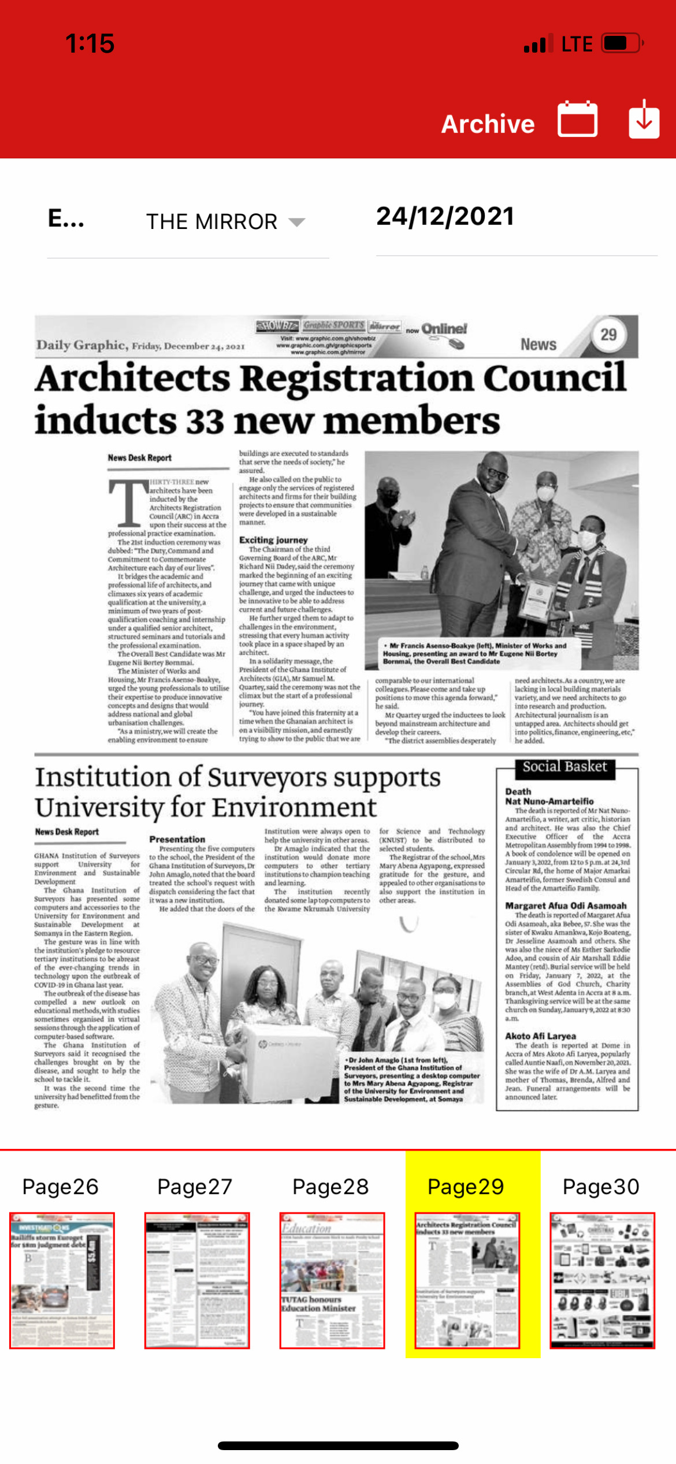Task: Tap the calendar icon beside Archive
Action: [577, 120]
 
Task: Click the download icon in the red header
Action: [644, 119]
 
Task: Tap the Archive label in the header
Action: [488, 124]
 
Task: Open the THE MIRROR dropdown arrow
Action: [296, 222]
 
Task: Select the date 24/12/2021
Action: [445, 217]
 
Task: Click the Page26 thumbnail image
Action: [62, 1280]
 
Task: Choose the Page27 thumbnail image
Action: [197, 1280]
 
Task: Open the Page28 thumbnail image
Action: [332, 1280]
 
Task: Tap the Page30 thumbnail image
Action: [602, 1280]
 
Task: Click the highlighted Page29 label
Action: [466, 1186]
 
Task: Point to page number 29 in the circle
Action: [608, 335]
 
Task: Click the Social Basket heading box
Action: [564, 767]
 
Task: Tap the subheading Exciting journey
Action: [273, 540]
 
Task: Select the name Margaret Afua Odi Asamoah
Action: [566, 906]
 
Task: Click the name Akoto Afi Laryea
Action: [540, 1036]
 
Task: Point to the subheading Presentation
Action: [177, 840]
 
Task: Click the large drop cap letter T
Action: [128, 501]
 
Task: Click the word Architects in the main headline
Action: [133, 379]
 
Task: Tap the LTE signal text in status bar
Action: [577, 44]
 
